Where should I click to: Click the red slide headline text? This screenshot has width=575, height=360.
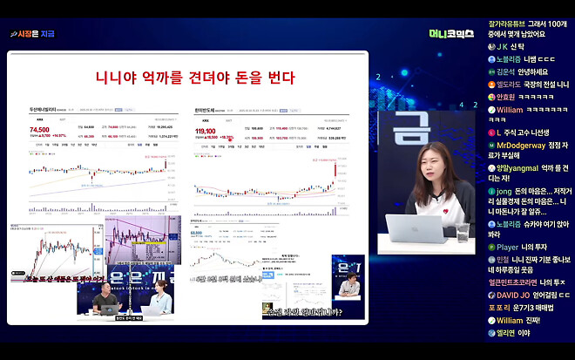pos(195,78)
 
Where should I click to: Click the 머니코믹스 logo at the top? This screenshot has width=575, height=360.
pos(451,34)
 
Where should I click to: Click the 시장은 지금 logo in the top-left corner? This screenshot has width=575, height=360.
pos(32,34)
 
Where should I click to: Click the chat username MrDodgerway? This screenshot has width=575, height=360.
pos(523,143)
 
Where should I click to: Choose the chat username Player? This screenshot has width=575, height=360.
pos(507,248)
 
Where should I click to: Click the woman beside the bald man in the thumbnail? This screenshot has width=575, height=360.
pos(159,301)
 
